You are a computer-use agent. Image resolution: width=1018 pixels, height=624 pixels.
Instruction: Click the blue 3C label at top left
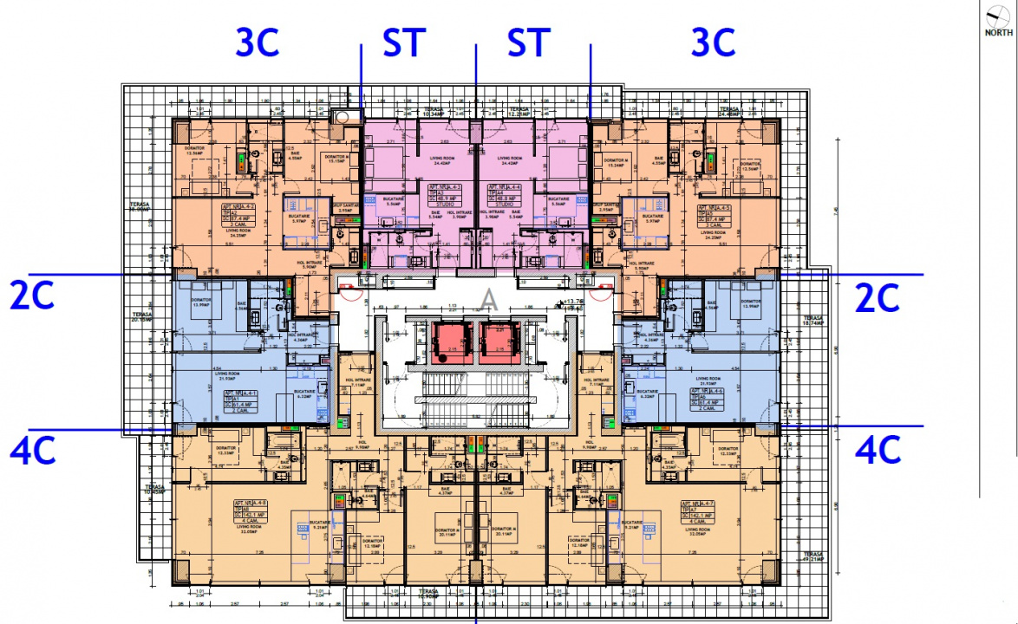(x=258, y=42)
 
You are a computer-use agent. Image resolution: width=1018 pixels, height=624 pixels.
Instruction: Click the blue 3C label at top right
(x=713, y=42)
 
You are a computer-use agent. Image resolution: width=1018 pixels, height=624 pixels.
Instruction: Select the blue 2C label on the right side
(x=878, y=297)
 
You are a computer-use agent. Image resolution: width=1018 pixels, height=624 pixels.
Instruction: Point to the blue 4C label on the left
(x=32, y=450)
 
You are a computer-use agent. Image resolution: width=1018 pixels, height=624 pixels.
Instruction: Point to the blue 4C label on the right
(x=878, y=450)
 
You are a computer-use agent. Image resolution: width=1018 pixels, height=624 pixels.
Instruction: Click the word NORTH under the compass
(x=998, y=33)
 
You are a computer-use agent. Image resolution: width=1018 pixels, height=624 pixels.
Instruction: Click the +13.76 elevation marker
(x=574, y=302)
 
